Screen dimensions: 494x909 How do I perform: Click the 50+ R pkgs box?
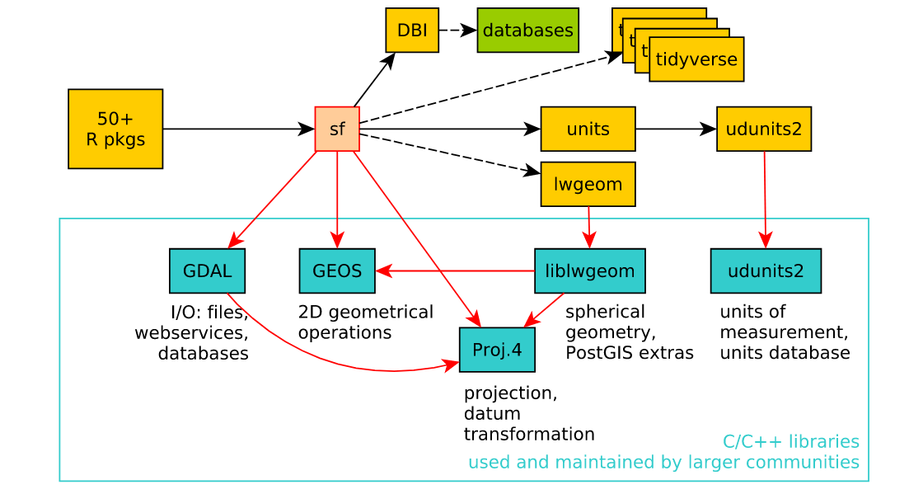(115, 129)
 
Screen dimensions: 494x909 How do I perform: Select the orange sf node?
(337, 129)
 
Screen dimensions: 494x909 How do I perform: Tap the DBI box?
(412, 31)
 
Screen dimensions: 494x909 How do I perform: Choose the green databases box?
(527, 31)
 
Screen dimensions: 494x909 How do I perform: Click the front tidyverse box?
(696, 59)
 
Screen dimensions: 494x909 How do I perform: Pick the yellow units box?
(588, 129)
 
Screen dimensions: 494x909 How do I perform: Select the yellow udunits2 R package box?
(764, 129)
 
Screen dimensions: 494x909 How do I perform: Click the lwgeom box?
(588, 184)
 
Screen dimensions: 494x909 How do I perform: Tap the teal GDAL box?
(207, 271)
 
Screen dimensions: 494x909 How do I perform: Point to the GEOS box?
(337, 271)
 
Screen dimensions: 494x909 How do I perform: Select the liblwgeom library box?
(589, 271)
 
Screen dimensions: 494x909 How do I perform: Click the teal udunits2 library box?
(766, 271)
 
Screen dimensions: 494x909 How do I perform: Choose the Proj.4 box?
(497, 350)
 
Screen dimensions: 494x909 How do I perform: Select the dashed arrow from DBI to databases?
(458, 31)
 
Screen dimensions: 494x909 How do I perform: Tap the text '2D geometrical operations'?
(365, 322)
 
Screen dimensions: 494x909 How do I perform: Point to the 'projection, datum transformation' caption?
(528, 413)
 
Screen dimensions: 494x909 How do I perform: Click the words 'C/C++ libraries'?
(790, 441)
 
